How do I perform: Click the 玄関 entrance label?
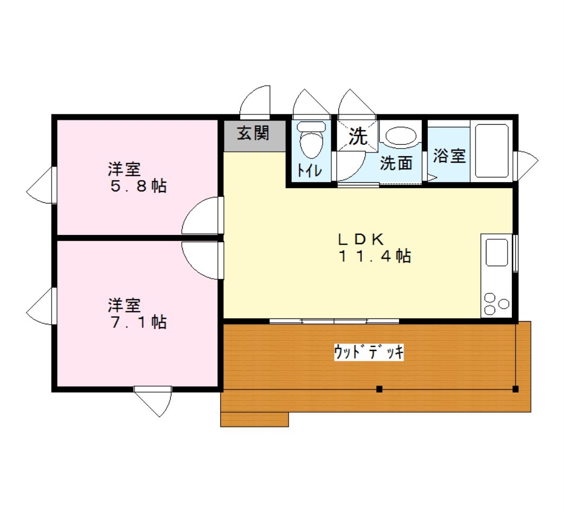click(253, 133)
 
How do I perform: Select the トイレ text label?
click(309, 170)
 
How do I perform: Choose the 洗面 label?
click(396, 163)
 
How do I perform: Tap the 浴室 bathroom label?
click(449, 156)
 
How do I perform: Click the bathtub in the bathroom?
click(492, 151)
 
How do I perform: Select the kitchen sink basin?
click(497, 253)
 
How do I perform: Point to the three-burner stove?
click(496, 304)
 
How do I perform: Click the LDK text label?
click(361, 239)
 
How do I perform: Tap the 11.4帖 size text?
click(374, 256)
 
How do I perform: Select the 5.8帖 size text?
click(138, 186)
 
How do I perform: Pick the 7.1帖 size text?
click(138, 322)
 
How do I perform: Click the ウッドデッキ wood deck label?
click(369, 352)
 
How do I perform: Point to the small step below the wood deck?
click(254, 420)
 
